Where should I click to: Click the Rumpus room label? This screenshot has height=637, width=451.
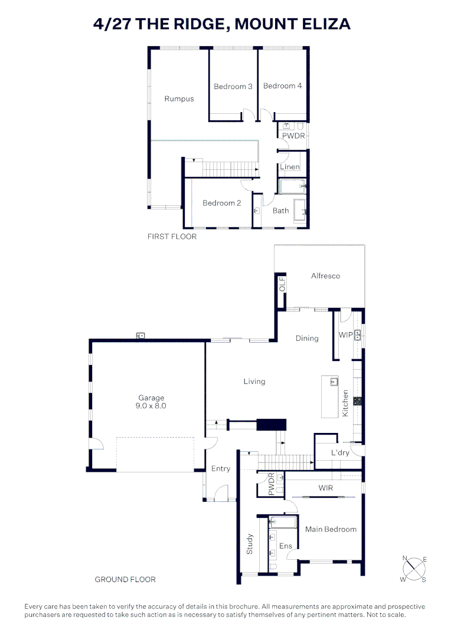[179, 99]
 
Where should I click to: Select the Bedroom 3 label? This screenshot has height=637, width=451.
[233, 87]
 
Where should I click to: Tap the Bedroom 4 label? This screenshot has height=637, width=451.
[282, 86]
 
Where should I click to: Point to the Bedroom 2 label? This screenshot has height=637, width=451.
[221, 203]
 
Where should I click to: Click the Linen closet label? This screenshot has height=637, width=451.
[290, 168]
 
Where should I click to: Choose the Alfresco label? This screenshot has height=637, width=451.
[325, 276]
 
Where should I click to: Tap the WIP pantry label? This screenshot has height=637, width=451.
[345, 335]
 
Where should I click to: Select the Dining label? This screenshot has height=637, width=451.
[307, 339]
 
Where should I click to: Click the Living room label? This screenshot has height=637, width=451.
[254, 382]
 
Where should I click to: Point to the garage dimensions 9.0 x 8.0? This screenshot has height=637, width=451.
[152, 406]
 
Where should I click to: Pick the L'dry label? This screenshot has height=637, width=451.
[339, 453]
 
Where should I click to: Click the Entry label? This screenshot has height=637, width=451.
[221, 469]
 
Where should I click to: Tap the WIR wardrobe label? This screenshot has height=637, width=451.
[326, 488]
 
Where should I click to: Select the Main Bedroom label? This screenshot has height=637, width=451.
[331, 530]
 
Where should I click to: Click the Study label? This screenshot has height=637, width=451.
[250, 544]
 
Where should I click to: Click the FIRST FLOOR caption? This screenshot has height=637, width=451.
[172, 237]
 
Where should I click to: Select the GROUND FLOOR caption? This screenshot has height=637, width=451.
[125, 580]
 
